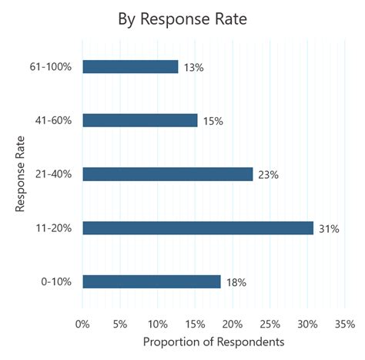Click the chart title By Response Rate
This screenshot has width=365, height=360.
click(x=182, y=19)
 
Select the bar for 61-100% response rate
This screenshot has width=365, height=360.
click(x=130, y=67)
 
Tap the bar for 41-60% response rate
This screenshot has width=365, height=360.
click(x=139, y=120)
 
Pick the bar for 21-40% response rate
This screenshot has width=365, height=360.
click(x=167, y=174)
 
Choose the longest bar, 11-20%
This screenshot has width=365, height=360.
click(x=198, y=227)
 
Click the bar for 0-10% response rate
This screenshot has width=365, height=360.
click(x=151, y=281)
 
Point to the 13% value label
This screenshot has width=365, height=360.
click(x=194, y=68)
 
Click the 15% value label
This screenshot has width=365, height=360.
click(x=213, y=121)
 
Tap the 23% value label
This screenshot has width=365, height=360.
click(x=268, y=175)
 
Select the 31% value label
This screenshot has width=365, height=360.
click(x=329, y=228)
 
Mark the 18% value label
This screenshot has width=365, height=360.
click(x=236, y=282)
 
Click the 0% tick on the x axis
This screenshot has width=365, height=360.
click(x=82, y=323)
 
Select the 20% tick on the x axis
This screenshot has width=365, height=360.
click(x=233, y=323)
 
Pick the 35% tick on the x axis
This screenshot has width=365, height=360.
click(x=344, y=323)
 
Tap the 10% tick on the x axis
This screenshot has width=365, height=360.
click(x=157, y=323)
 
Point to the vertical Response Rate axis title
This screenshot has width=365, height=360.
click(x=19, y=174)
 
